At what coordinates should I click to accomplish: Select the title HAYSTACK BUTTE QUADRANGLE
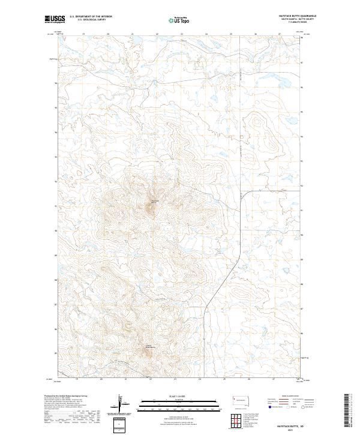(x=293, y=16)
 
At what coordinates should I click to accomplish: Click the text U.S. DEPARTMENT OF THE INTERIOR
(x=91, y=17)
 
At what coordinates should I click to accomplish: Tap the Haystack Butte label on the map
(x=154, y=201)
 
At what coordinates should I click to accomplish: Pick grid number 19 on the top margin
(x=83, y=35)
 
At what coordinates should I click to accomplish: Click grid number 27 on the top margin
(x=280, y=35)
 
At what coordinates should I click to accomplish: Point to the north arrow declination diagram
(x=120, y=403)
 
